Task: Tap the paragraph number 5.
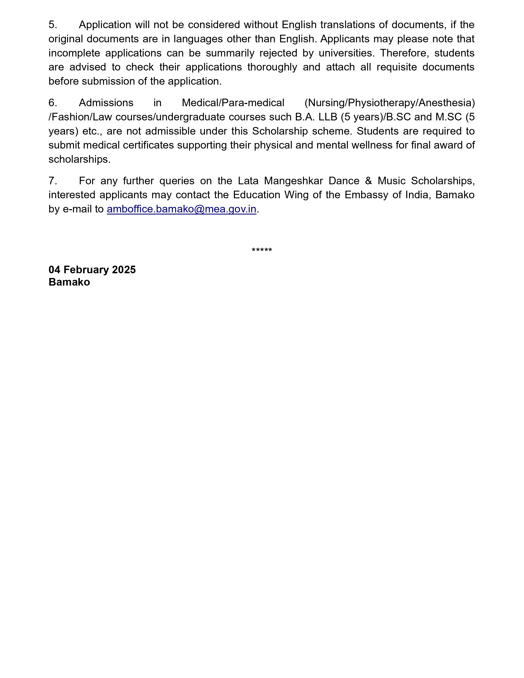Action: click(x=53, y=25)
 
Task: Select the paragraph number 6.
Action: click(x=53, y=103)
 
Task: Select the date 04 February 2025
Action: click(x=92, y=270)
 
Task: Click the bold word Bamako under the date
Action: click(x=69, y=282)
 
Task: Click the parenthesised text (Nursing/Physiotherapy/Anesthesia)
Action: click(x=390, y=103)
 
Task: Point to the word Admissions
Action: click(x=106, y=103)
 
